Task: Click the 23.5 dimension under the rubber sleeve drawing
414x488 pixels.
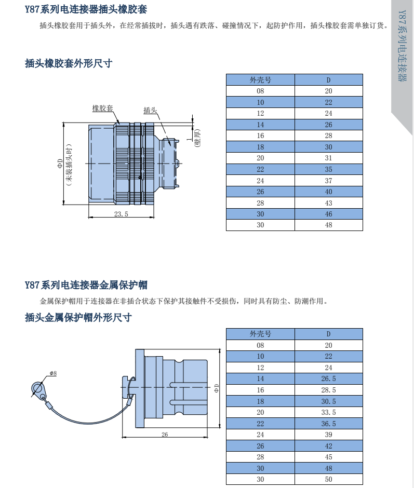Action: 121,213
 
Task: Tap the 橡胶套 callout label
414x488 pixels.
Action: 102,108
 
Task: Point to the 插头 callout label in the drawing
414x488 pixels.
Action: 150,110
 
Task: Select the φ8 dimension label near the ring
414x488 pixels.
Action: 53,373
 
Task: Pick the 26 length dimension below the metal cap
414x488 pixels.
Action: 165,435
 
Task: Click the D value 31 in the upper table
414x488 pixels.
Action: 328,158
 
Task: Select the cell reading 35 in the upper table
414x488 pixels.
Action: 328,169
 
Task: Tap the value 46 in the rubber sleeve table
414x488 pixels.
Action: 328,214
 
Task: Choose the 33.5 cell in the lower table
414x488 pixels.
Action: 328,412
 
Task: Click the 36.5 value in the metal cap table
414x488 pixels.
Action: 328,424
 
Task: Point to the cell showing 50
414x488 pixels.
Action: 328,480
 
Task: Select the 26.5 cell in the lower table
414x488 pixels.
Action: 328,378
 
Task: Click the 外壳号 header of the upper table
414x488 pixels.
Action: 260,80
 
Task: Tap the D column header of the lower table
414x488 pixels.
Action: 328,334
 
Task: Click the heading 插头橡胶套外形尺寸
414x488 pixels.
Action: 69,63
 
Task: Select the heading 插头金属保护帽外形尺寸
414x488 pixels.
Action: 78,317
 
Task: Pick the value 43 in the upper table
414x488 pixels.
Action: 328,203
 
